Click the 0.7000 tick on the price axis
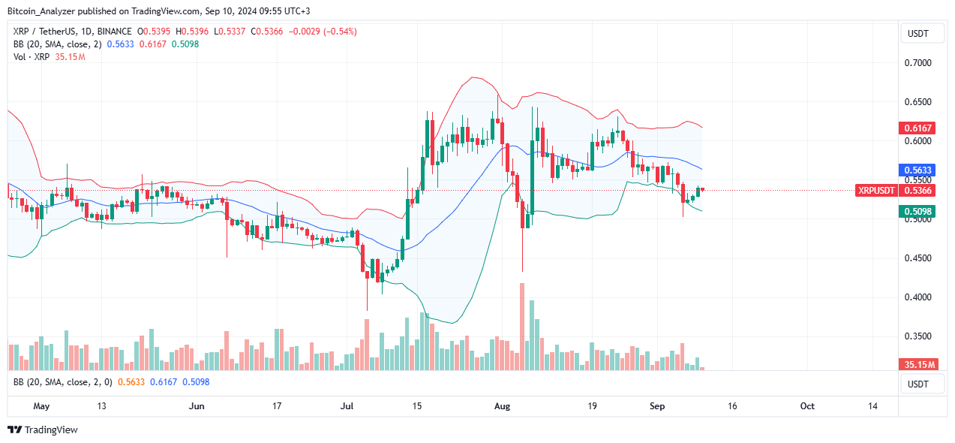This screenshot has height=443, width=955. (x=920, y=63)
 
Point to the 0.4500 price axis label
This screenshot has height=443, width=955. (x=920, y=258)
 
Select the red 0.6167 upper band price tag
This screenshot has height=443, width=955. (x=915, y=128)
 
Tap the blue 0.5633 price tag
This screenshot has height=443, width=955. (x=915, y=170)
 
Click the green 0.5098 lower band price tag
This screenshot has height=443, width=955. (x=915, y=212)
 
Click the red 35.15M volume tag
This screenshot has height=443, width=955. (x=917, y=365)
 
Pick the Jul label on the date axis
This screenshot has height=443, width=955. (x=347, y=406)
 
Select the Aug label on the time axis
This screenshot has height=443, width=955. (x=502, y=406)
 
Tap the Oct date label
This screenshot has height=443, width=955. (x=806, y=406)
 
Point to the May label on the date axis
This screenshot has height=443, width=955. (x=41, y=406)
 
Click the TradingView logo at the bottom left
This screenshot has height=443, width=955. (x=43, y=430)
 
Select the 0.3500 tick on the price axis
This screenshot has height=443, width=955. (x=920, y=336)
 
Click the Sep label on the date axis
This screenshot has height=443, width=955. (x=657, y=406)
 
